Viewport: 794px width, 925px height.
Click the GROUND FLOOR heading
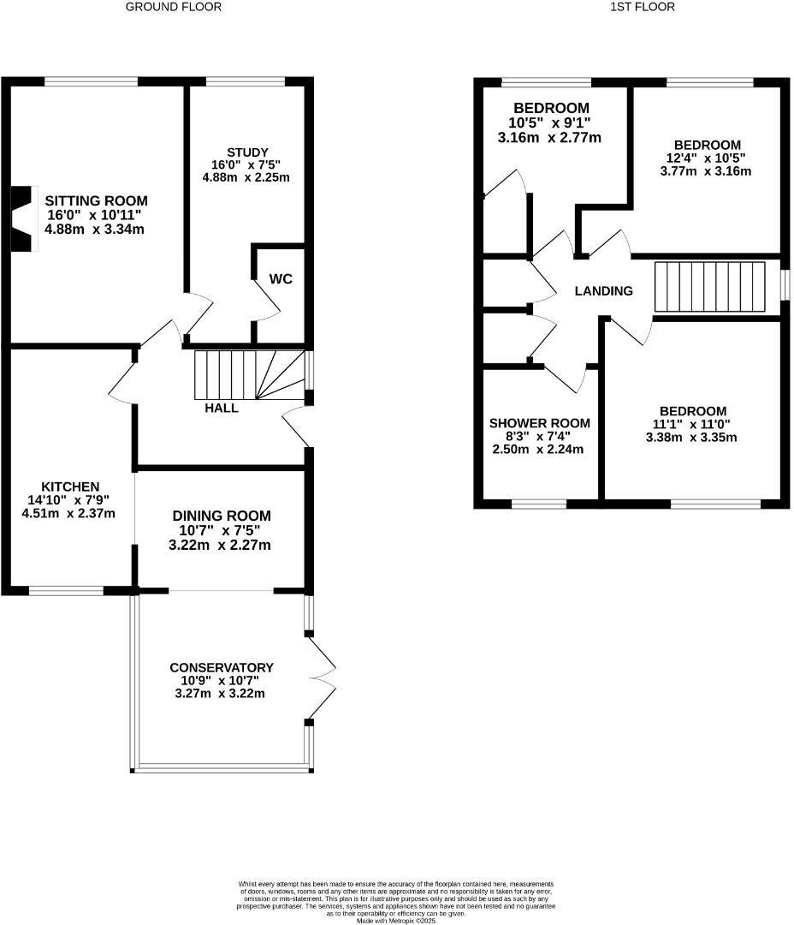pos(174,7)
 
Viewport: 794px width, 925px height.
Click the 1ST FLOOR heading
pos(643,7)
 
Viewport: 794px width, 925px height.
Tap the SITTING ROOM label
pos(91,201)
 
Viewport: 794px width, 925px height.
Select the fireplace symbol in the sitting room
pos(24,218)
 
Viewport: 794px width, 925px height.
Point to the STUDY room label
pos(248,152)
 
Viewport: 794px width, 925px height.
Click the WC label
pos(281,279)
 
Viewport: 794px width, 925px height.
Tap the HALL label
pos(222,409)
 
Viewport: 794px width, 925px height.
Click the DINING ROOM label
pos(222,516)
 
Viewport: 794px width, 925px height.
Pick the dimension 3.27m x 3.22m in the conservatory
pos(221,693)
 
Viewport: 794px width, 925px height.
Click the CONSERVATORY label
pos(221,667)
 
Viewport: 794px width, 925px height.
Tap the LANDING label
pos(603,291)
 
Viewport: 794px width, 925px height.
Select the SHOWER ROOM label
pos(539,423)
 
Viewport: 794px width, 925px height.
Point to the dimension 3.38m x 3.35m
pos(693,437)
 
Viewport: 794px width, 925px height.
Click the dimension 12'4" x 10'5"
pos(706,158)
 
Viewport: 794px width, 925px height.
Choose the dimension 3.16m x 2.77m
pos(548,137)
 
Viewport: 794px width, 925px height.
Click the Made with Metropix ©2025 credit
pos(396,921)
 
